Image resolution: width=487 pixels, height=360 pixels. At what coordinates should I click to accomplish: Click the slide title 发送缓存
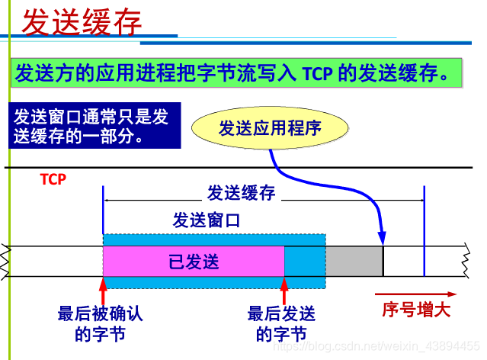pos(82,22)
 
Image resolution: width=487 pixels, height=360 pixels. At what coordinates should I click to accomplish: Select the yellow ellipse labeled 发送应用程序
pos(270,127)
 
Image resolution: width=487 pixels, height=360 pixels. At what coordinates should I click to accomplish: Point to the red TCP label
pos(53,180)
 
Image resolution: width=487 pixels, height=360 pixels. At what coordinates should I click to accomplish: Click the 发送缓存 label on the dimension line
pos(241,192)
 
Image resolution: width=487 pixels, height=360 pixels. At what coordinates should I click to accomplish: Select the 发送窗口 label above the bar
pos(207,220)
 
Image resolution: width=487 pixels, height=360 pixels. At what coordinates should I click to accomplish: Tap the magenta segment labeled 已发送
pos(194,262)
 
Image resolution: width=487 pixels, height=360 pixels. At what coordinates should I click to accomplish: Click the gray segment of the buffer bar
pos(354,261)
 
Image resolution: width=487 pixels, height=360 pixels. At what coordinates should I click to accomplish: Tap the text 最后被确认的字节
pos(100,323)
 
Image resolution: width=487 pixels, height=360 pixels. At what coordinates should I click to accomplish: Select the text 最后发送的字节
pos(281,323)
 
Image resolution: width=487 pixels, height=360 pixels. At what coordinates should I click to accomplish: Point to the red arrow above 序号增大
pos(415,294)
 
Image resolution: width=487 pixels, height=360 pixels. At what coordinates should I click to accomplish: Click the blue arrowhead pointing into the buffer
pos(381,237)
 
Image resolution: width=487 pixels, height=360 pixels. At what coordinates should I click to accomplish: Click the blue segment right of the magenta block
pos(305,261)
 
